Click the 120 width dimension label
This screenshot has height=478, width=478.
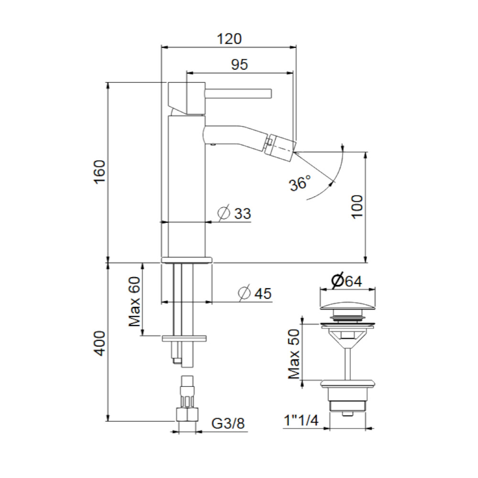tap(229, 39)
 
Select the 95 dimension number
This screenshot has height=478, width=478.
tap(239, 65)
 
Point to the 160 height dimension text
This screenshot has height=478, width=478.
tap(100, 172)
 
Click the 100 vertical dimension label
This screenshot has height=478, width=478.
tap(357, 206)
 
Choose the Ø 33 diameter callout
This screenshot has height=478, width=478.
tap(234, 213)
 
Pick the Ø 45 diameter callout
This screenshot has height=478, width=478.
tap(255, 293)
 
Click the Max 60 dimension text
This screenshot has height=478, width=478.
tap(134, 302)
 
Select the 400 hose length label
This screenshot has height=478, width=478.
tap(100, 343)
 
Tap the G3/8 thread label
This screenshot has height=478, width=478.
tap(228, 424)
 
